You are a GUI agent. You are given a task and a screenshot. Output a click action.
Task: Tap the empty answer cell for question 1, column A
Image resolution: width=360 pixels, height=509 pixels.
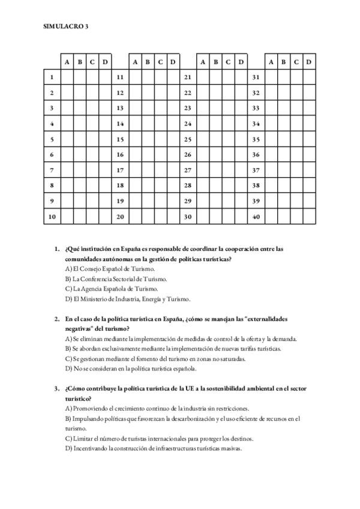pyautogui.click(x=67, y=77)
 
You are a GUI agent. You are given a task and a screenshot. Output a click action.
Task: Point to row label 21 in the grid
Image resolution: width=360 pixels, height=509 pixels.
pyautogui.click(x=188, y=77)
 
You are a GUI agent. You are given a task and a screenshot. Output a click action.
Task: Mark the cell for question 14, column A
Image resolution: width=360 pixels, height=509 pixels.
pyautogui.click(x=135, y=124)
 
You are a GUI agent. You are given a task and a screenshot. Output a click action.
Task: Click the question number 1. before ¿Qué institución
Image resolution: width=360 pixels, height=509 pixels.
pyautogui.click(x=56, y=248)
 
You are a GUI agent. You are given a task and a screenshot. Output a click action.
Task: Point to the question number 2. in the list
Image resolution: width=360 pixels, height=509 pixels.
pyautogui.click(x=56, y=319)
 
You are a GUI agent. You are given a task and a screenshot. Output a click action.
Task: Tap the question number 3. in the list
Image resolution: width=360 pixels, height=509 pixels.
pyautogui.click(x=56, y=389)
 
